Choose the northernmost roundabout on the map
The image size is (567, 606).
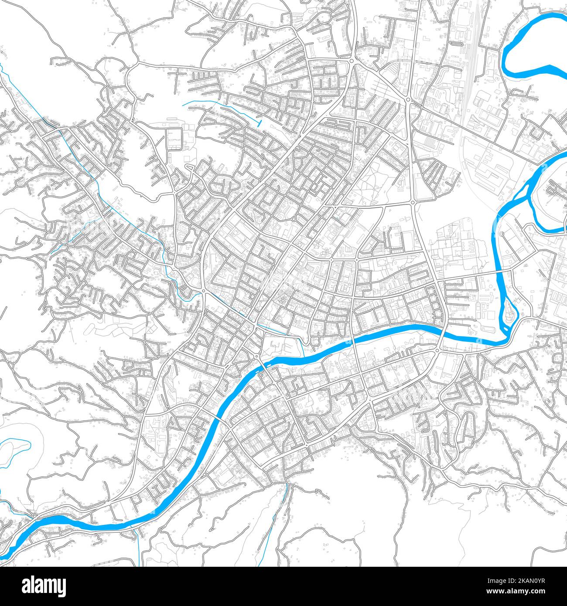(352, 61)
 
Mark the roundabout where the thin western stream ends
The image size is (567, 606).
(203, 291)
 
